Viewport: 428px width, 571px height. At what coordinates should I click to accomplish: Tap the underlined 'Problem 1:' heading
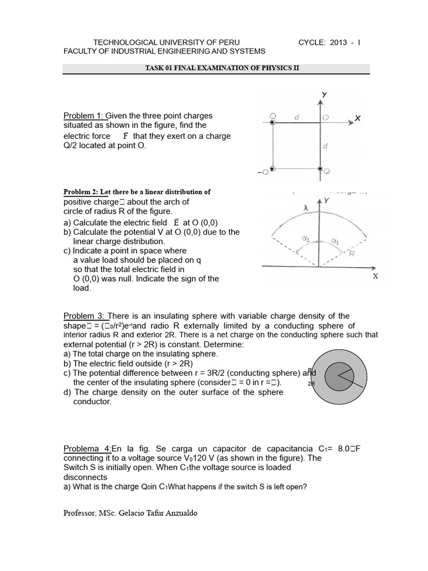(x=84, y=115)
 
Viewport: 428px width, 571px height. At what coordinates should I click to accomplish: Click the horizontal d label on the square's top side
(x=296, y=117)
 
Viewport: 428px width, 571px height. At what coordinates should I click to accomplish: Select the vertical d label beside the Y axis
(x=325, y=146)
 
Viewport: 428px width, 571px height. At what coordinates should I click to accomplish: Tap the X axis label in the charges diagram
(x=357, y=118)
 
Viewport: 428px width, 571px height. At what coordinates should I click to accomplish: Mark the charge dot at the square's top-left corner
(x=272, y=122)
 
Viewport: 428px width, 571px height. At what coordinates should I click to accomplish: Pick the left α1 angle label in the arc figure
(x=305, y=238)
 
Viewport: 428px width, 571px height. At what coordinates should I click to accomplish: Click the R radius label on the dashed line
(x=352, y=253)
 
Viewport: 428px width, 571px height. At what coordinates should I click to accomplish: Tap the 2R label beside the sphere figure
(x=310, y=384)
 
